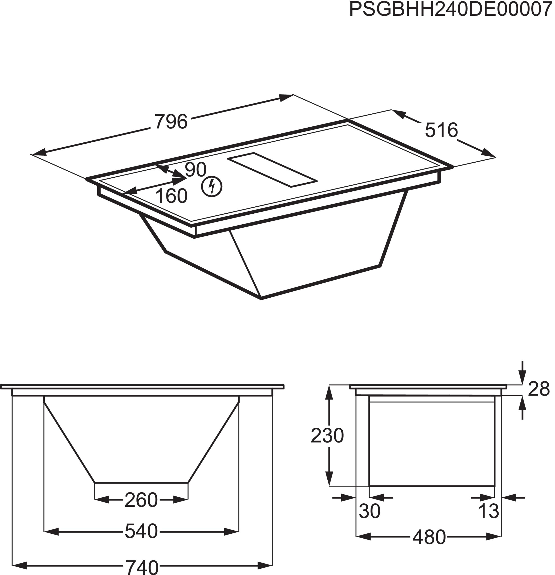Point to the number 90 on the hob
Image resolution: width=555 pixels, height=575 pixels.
196,169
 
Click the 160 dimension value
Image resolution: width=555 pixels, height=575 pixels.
171,196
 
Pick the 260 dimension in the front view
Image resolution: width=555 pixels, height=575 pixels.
141,500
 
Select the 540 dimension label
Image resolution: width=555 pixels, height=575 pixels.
141,531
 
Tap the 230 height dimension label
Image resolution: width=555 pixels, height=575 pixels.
327,436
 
